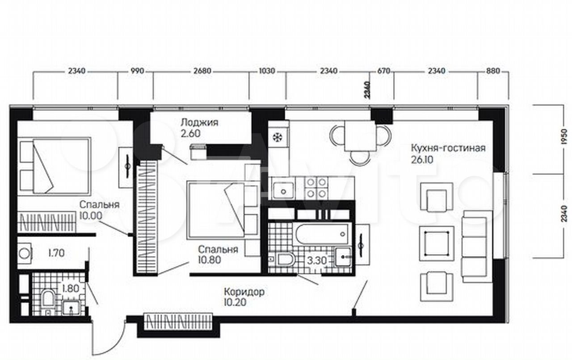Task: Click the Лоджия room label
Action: pyautogui.click(x=199, y=123)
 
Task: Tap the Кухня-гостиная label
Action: pyautogui.click(x=448, y=148)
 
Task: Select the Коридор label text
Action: pyautogui.click(x=244, y=292)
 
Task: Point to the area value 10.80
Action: pyautogui.click(x=210, y=260)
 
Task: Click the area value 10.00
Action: pyautogui.click(x=91, y=216)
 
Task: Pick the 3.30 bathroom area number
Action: pyautogui.click(x=317, y=261)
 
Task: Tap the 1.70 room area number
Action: pyautogui.click(x=56, y=253)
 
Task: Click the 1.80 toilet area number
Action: pyautogui.click(x=71, y=289)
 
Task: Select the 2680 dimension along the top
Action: pyautogui.click(x=202, y=71)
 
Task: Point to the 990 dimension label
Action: pyautogui.click(x=137, y=71)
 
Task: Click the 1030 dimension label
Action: pyautogui.click(x=267, y=71)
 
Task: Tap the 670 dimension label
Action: pyautogui.click(x=384, y=71)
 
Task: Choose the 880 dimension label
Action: pyautogui.click(x=493, y=71)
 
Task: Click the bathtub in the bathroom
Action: pyautogui.click(x=322, y=233)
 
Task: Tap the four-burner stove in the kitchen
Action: pyautogui.click(x=316, y=188)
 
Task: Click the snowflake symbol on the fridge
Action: pyautogui.click(x=277, y=137)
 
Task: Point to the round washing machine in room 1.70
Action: pyautogui.click(x=25, y=254)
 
